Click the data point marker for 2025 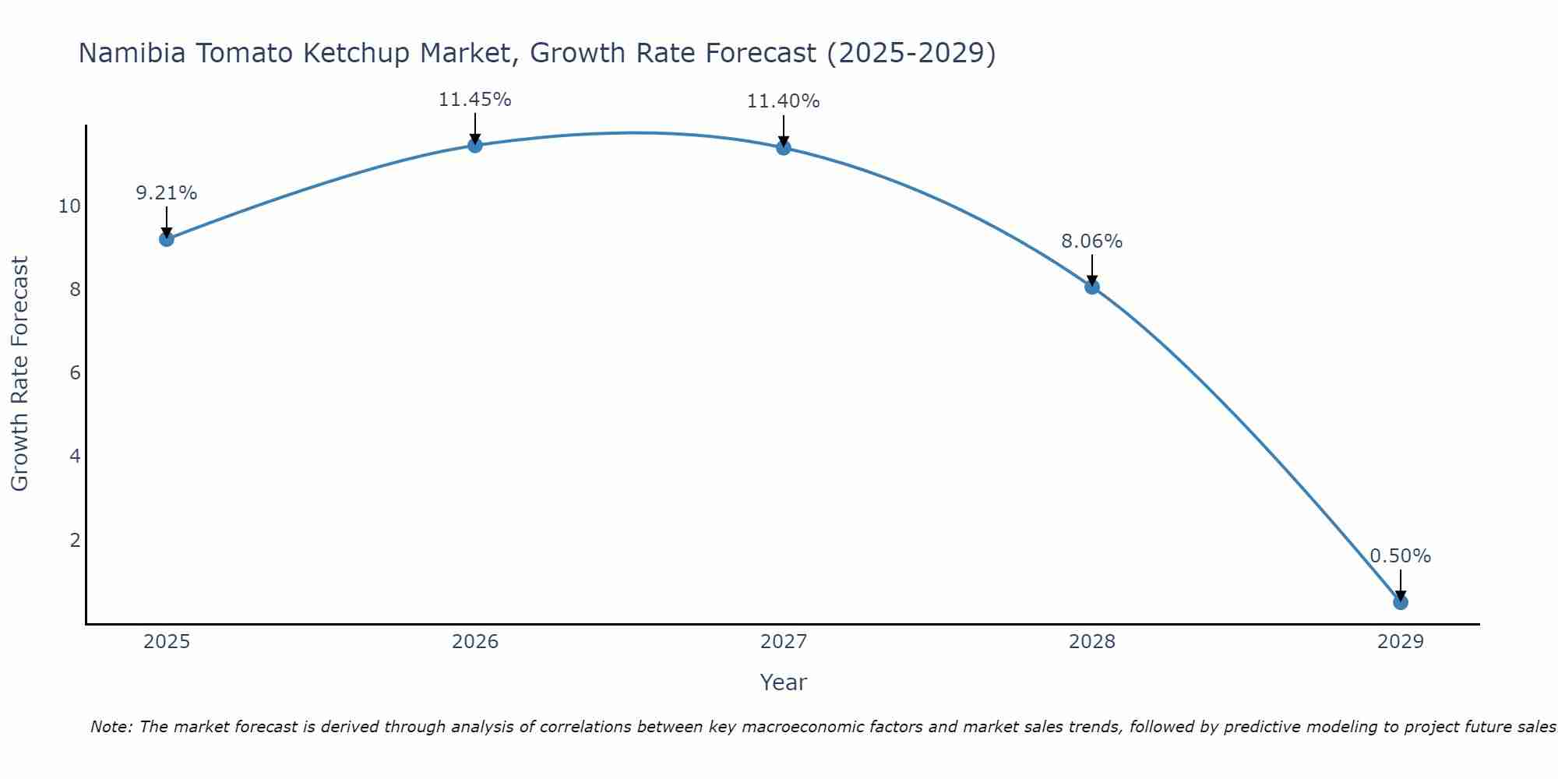click(x=166, y=238)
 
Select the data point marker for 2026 click(x=474, y=145)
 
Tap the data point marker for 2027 click(x=783, y=147)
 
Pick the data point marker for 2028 click(x=1091, y=287)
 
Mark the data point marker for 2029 click(x=1400, y=602)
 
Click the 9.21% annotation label click(x=166, y=193)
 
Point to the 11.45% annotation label click(x=474, y=100)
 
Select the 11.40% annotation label click(x=783, y=101)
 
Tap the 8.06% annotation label click(x=1091, y=241)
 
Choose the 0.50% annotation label click(x=1400, y=556)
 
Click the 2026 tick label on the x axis click(x=475, y=642)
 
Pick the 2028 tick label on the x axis click(x=1091, y=642)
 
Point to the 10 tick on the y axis click(x=69, y=206)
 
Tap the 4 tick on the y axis click(x=75, y=456)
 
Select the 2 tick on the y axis click(x=75, y=540)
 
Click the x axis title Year click(x=783, y=682)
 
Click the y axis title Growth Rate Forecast click(x=19, y=373)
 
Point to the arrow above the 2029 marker click(x=1400, y=584)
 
